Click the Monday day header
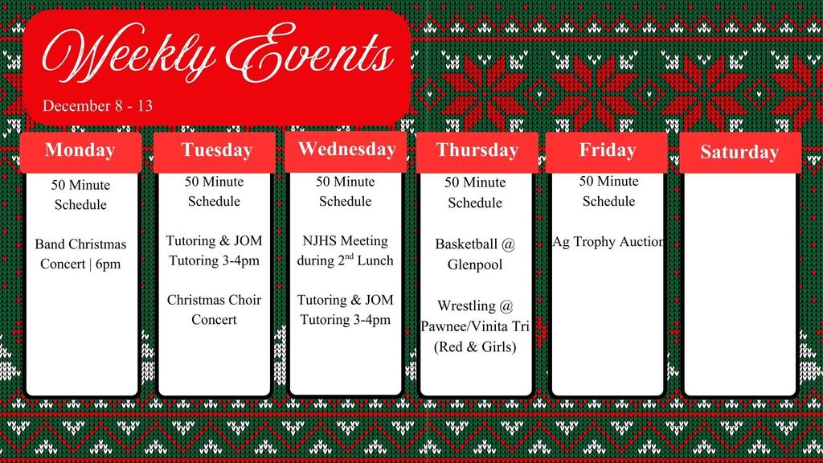pyautogui.click(x=80, y=150)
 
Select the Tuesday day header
pyautogui.click(x=216, y=150)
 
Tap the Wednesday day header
pyautogui.click(x=347, y=150)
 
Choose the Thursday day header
pyautogui.click(x=477, y=150)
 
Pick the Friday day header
pyautogui.click(x=608, y=150)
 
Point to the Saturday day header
pyautogui.click(x=739, y=152)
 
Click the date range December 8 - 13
pyautogui.click(x=97, y=105)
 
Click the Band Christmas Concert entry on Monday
pyautogui.click(x=80, y=253)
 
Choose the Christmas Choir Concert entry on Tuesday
pyautogui.click(x=214, y=309)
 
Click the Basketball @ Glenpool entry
pyautogui.click(x=475, y=253)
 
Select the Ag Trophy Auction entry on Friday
pyautogui.click(x=608, y=241)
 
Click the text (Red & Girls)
pyautogui.click(x=475, y=347)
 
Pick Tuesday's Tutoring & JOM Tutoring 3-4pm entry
pyautogui.click(x=214, y=250)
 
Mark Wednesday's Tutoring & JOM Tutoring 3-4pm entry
pyautogui.click(x=346, y=309)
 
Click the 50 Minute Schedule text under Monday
pyautogui.click(x=80, y=195)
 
